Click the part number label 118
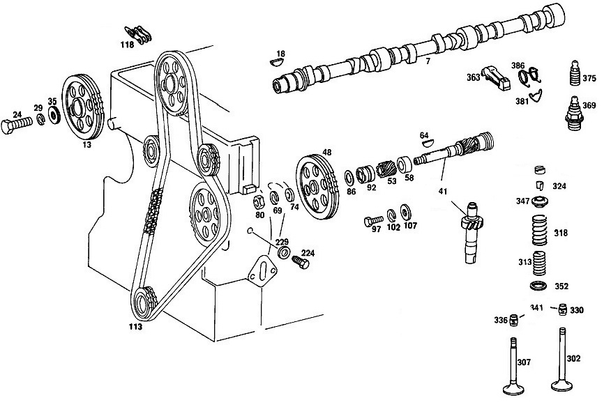tap(127, 45)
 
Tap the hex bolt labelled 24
tap(16, 125)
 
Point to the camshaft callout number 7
tap(428, 61)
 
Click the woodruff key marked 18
tap(277, 62)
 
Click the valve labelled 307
tap(513, 367)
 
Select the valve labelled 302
tap(562, 358)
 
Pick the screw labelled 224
tap(300, 262)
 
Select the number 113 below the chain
tap(135, 326)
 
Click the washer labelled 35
tap(53, 115)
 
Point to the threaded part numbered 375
tap(573, 74)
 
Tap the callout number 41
tap(443, 191)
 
